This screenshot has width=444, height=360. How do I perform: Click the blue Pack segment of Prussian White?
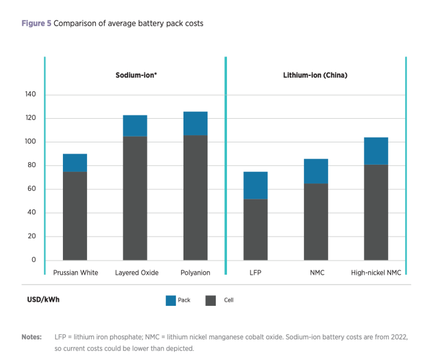click(x=75, y=163)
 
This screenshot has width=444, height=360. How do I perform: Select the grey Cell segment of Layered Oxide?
click(x=135, y=198)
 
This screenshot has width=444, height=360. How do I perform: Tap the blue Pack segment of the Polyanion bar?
click(x=195, y=124)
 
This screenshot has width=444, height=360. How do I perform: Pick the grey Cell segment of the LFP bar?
click(x=255, y=229)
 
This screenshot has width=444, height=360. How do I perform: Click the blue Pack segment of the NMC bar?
click(x=316, y=171)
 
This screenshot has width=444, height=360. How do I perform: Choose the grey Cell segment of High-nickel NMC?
click(x=376, y=212)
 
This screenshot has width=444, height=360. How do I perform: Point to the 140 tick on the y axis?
click(x=30, y=95)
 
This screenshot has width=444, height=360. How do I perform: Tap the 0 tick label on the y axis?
click(x=34, y=260)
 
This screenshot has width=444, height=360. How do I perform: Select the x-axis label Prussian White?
click(x=75, y=273)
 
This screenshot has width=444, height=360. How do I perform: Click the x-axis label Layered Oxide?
click(x=135, y=273)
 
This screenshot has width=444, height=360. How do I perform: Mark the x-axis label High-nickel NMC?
click(x=376, y=273)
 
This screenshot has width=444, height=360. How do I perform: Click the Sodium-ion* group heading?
click(x=135, y=75)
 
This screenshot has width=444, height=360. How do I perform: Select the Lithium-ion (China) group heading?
click(x=315, y=75)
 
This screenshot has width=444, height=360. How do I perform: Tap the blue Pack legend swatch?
click(x=170, y=301)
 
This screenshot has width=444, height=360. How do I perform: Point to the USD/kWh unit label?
click(x=43, y=300)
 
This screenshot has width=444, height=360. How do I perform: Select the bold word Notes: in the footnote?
click(x=32, y=337)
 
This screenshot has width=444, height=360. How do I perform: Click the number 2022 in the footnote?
click(x=400, y=337)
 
